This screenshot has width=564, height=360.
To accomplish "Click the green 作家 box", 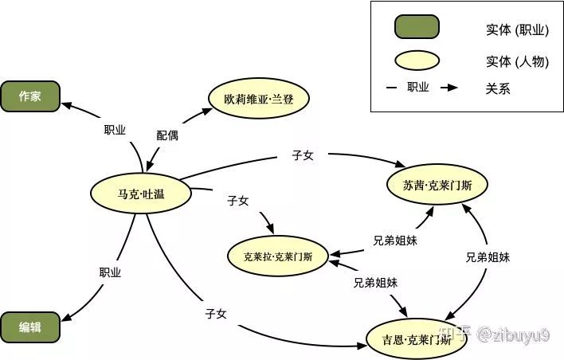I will point(30,96).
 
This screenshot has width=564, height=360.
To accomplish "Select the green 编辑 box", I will point(30,327).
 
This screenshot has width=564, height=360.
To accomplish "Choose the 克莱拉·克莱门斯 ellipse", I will point(277,256).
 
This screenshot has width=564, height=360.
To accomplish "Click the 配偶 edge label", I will point(167,135).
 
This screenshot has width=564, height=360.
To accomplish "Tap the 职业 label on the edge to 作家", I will point(115,130).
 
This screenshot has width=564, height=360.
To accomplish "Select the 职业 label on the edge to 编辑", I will point(110,272).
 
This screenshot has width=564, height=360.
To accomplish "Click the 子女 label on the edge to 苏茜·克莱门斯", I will point(303,155).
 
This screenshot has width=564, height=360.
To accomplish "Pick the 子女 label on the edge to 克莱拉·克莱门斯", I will point(238,201).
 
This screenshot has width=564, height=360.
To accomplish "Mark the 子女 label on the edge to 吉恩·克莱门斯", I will point(216,314).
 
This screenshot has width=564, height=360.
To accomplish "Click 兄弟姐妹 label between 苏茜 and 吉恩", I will point(488,257).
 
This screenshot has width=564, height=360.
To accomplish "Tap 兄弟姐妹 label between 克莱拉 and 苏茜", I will point(395,239).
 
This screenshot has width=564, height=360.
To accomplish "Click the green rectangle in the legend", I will point(417,27).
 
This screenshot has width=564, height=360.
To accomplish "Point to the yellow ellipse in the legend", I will point(417,61).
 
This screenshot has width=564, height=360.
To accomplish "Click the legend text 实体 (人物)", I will point(517,61).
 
